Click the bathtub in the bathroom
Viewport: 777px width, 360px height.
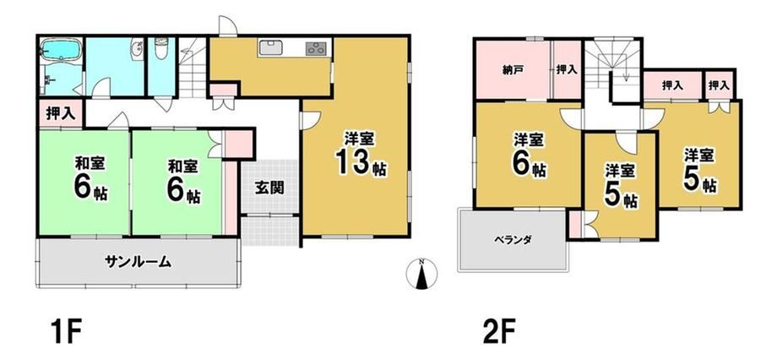[61, 51]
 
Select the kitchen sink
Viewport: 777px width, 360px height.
[270, 49]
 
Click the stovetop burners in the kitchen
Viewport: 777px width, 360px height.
[316, 48]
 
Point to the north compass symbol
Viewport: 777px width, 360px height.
[421, 274]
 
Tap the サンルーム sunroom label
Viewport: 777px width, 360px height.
[138, 261]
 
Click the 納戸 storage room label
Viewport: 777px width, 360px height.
[513, 70]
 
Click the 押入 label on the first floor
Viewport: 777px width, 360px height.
[61, 113]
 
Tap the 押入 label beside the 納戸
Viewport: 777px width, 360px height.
[567, 69]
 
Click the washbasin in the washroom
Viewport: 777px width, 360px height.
[137, 50]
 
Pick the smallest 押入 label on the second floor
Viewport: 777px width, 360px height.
[719, 85]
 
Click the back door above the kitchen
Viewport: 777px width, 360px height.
[228, 26]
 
